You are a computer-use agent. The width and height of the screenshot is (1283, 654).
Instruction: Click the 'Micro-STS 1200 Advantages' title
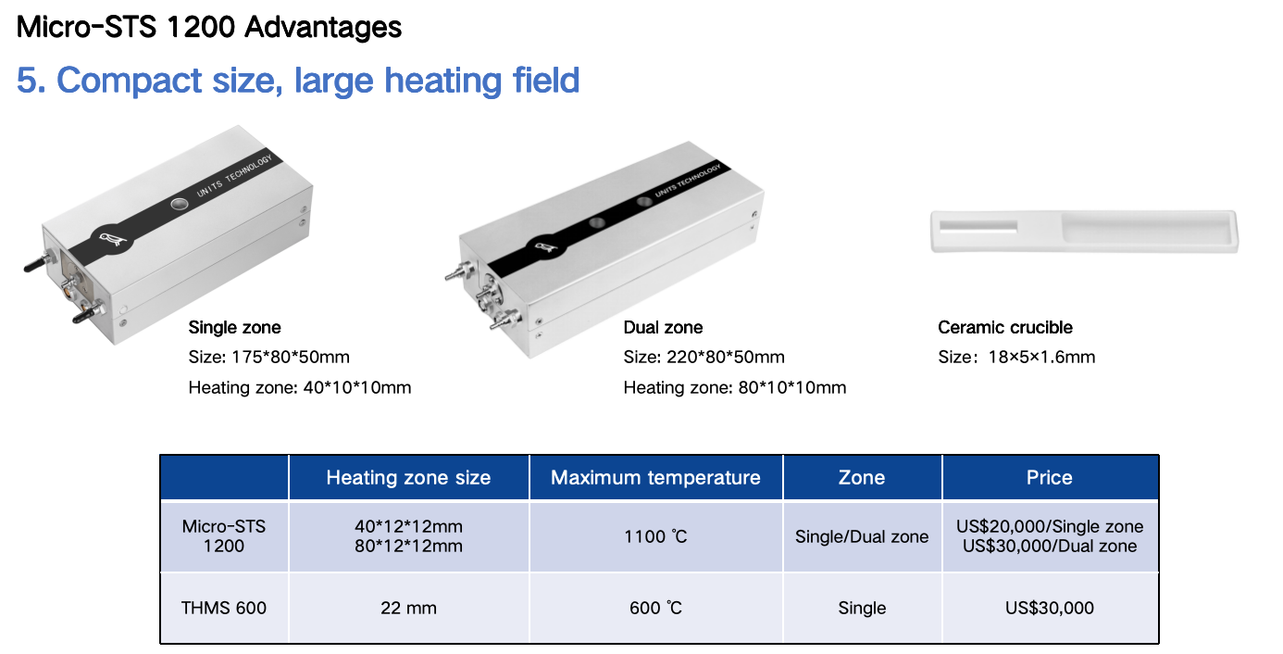pos(209,27)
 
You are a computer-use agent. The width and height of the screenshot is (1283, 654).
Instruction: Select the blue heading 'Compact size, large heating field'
pos(318,80)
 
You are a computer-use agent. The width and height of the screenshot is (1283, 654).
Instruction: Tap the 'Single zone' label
pos(235,327)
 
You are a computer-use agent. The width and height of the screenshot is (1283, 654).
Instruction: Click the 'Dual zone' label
pos(663,327)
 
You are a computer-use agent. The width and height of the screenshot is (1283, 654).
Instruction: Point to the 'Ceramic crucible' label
pos(1005,327)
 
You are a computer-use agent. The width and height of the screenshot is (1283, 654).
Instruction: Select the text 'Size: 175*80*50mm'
pos(268,357)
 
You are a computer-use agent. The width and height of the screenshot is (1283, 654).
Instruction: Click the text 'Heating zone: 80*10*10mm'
pos(735,387)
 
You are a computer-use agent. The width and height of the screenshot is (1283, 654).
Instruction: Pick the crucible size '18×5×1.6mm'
pos(1042,357)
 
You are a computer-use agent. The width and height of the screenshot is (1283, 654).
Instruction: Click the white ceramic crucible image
pos(1084,231)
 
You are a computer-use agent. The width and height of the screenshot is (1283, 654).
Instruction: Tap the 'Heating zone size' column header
pos(408,477)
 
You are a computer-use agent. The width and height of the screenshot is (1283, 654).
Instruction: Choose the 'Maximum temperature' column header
pos(655,477)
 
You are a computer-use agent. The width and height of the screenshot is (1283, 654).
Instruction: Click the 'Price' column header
pos(1050,477)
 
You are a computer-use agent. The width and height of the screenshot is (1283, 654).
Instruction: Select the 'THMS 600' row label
pos(224,608)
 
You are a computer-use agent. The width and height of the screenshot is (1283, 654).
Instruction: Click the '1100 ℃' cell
pos(655,536)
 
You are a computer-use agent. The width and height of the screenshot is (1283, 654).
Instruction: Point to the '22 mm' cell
pos(408,608)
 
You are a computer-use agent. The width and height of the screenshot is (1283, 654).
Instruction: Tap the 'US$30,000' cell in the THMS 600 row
pos(1050,608)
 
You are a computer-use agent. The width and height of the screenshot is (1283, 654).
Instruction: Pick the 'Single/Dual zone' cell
pos(862,536)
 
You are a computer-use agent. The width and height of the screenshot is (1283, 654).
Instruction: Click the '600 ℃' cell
pos(655,608)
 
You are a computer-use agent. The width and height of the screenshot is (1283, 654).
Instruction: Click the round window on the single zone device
pos(180,204)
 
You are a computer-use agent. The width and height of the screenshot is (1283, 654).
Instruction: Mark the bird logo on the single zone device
pos(112,238)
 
